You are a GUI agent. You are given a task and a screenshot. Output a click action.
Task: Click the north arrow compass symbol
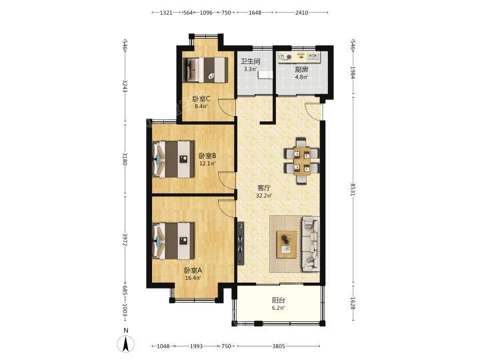coord(125,343)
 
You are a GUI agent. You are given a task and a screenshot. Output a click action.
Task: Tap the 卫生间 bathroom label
coord(250,61)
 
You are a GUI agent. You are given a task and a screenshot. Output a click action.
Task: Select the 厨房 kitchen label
coord(301,69)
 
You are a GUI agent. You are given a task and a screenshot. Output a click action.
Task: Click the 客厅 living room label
coord(264,187)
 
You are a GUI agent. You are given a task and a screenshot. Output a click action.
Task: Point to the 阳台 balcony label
coord(278,300)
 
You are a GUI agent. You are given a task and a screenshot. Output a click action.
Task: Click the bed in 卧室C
coord(205,70)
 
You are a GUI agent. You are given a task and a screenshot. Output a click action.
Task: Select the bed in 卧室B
coord(173,159)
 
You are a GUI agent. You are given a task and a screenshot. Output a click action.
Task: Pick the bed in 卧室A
coord(173,241)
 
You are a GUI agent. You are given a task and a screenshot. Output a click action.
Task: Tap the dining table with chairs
coord(302,161)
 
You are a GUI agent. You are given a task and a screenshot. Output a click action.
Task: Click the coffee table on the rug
coord(287,245)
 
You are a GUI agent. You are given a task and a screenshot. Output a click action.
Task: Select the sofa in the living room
coord(311,244)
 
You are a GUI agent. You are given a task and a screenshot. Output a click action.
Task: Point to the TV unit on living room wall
coord(241,243)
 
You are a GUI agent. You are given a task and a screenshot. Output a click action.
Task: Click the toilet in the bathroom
coord(265,75)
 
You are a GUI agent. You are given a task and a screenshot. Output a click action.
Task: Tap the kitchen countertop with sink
coord(299,57)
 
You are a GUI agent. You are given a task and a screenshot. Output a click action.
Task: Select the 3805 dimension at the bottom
coord(279,346)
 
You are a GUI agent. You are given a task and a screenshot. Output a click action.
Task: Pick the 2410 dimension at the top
coord(301,13)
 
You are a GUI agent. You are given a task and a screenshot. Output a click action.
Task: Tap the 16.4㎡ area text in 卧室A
coord(193,278)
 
